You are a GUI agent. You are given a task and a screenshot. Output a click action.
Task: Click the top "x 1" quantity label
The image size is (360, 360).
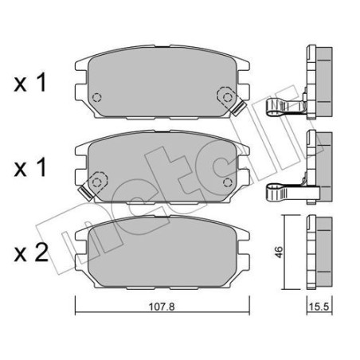tap(29, 84)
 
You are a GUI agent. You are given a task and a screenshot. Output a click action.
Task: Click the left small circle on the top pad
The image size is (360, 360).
tap(97, 99)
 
